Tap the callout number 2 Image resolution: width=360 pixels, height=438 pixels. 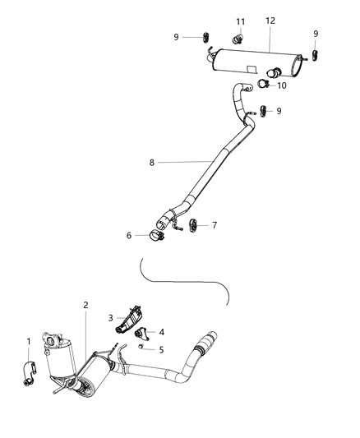tap(85, 305)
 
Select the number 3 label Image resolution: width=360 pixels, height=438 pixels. tap(109, 317)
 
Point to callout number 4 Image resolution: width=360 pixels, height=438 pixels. tap(161, 332)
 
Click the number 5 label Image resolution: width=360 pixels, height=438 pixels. tap(161, 349)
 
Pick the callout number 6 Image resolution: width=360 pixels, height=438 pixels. tap(129, 235)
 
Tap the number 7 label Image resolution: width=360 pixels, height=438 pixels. tap(215, 224)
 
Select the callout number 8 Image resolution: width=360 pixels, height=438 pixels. tap(151, 163)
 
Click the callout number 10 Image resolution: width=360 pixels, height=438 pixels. tap(282, 85)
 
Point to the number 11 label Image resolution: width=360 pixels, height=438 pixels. tap(241, 21)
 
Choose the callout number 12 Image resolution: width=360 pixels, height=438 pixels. tap(270, 20)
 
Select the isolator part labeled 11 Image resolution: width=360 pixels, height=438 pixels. tap(239, 37)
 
